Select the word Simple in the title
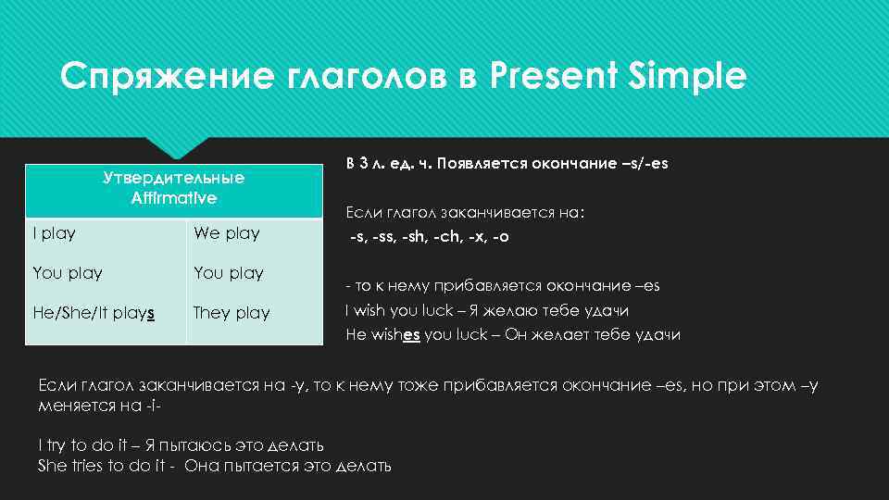point(686,76)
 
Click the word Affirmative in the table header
point(174,197)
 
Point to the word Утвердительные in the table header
point(174,178)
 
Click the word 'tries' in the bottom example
point(93,466)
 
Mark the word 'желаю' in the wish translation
point(538,311)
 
